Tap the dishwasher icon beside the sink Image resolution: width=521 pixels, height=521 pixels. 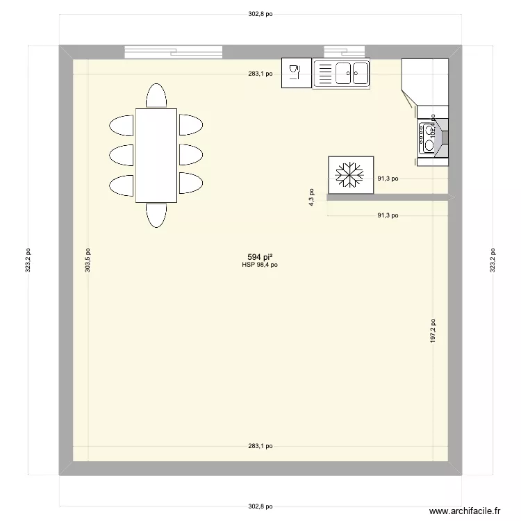click(x=296, y=73)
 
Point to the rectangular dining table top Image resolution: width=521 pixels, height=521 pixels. click(x=156, y=155)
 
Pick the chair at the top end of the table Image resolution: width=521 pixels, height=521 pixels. click(x=156, y=95)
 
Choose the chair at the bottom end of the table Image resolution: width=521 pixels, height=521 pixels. click(x=156, y=215)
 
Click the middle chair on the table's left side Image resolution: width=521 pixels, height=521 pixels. click(x=122, y=154)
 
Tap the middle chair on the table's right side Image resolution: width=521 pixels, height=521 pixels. click(x=191, y=154)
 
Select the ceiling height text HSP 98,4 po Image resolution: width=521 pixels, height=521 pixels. click(x=260, y=265)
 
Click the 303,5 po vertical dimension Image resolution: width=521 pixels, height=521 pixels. click(x=88, y=261)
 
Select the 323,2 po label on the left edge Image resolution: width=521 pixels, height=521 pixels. click(x=28, y=261)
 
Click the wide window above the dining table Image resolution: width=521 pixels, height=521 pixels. click(x=174, y=52)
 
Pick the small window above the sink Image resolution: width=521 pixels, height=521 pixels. click(x=345, y=52)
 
